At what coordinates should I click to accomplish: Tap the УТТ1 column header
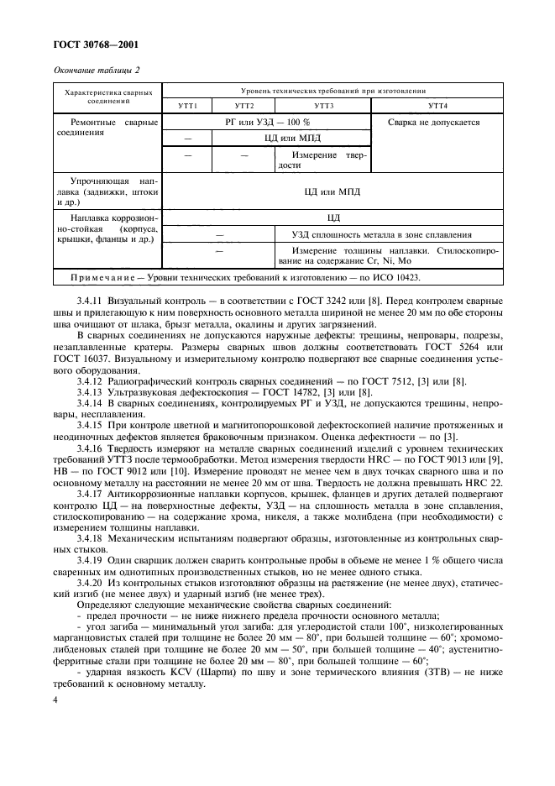(186, 106)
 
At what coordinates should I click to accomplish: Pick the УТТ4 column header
(437, 106)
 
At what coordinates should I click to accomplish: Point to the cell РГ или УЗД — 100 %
(266, 123)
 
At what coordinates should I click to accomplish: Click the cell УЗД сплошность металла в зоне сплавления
(373, 234)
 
